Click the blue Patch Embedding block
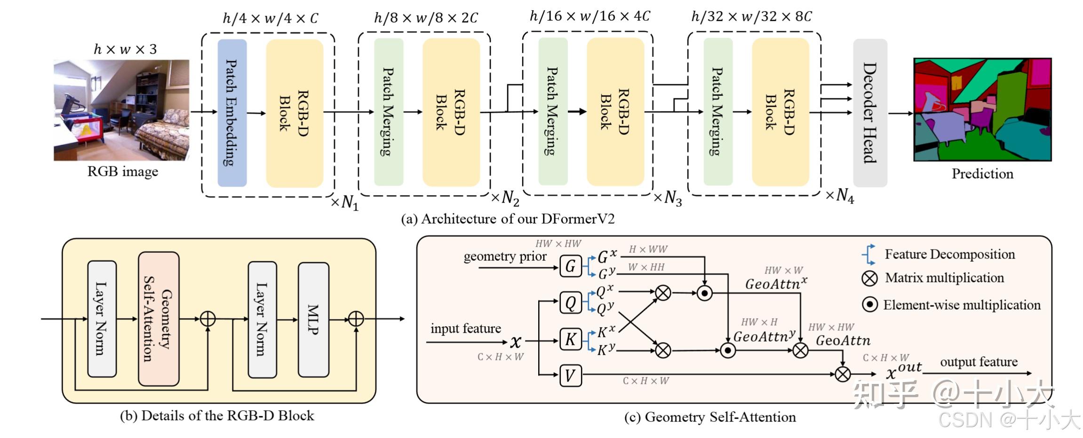(232, 113)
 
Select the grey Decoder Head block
(870, 113)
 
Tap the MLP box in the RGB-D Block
(313, 320)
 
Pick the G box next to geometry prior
(570, 266)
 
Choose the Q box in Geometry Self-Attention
(570, 303)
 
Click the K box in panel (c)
(570, 339)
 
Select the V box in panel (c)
(570, 375)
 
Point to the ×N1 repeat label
(345, 203)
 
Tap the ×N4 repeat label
(840, 196)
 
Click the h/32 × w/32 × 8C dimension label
(751, 17)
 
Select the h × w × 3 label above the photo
(125, 49)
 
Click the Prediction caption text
(982, 174)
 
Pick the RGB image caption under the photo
(123, 172)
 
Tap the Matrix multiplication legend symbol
(869, 278)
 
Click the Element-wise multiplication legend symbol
(869, 305)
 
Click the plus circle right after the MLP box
(356, 319)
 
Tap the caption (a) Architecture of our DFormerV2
(508, 219)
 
